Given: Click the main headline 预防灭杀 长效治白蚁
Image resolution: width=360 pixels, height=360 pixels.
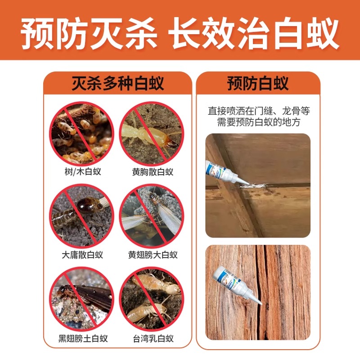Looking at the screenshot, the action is [180, 33].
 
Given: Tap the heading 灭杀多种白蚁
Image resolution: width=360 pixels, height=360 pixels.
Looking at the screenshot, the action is [118, 83].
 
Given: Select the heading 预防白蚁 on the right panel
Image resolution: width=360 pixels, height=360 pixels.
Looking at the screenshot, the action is [258, 83].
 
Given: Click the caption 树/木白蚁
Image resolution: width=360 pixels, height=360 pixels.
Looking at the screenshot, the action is [83, 171].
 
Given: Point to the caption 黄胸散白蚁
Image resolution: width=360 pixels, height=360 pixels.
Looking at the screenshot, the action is [153, 172].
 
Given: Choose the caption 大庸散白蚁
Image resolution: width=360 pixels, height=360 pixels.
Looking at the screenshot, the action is [82, 255].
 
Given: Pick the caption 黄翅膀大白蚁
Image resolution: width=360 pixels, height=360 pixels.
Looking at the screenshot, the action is [153, 255].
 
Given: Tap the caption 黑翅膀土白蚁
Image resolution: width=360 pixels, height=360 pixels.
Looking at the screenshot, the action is [83, 338].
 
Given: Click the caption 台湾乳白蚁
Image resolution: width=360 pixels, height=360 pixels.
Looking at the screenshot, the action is [153, 338].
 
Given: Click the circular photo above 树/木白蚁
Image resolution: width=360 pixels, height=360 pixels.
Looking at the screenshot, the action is [82, 133].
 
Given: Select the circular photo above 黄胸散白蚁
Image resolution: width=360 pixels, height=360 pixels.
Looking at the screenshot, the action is [152, 133].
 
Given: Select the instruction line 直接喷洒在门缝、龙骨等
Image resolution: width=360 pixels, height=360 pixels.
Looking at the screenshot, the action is [259, 111].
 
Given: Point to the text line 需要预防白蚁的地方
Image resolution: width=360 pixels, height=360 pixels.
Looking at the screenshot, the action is [259, 122].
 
